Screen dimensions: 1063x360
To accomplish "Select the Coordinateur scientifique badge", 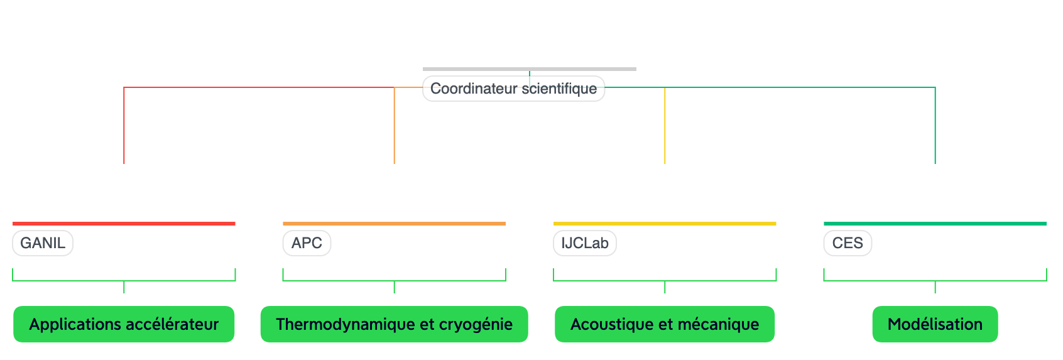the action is coord(513,89).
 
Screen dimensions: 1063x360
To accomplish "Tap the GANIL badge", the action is coord(43,243).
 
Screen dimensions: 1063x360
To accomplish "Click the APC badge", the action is coord(307,243).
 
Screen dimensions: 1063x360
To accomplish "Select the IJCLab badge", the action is coord(585,243).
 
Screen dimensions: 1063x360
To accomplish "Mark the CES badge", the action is coord(848,243).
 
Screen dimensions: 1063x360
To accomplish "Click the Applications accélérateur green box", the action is coord(124,324).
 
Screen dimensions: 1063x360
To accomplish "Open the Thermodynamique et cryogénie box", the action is coord(394,324).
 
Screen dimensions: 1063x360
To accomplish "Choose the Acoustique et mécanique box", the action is coord(665,324).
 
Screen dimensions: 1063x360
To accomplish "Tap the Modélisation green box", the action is coord(935,324).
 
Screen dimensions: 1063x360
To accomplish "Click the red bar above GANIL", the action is coord(124,223).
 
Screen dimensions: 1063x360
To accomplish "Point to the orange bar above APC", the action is coord(394,223).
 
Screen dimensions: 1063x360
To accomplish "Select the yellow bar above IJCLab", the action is coord(665,223).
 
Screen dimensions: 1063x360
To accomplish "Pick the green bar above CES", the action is coord(935,223).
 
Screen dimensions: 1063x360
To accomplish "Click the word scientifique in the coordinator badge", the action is coord(559,89).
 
